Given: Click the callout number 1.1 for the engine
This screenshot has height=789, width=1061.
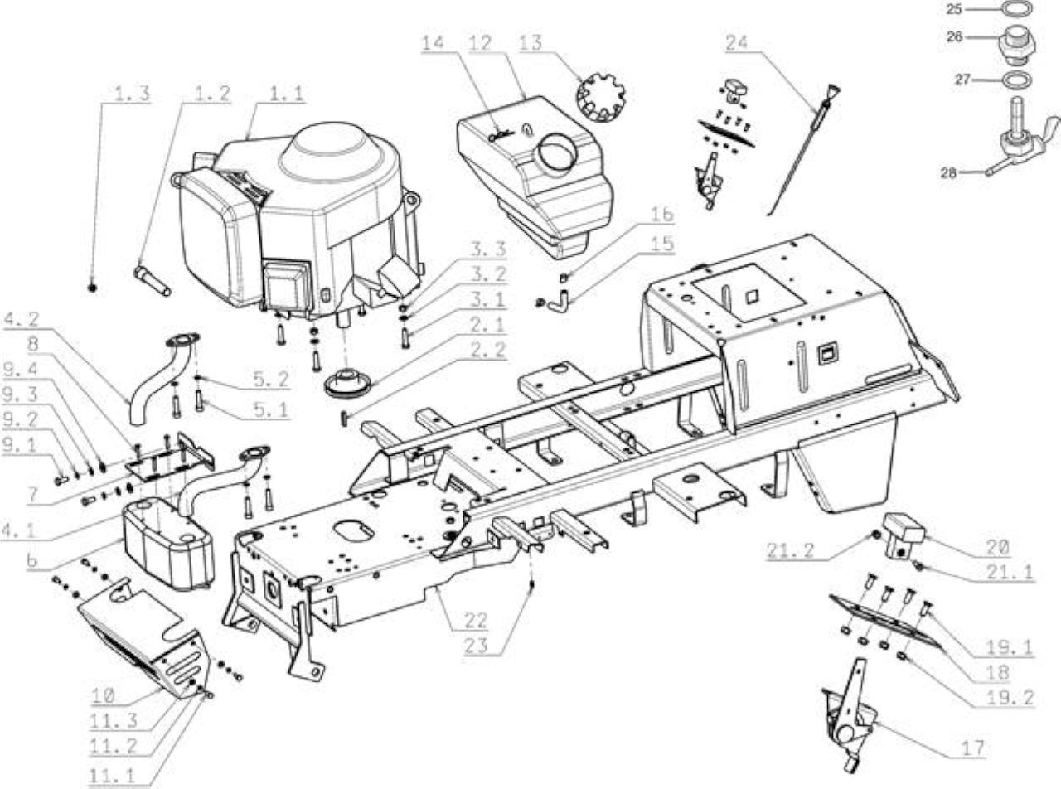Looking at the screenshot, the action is [287, 94].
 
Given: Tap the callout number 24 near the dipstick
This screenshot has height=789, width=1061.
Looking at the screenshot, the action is [737, 43].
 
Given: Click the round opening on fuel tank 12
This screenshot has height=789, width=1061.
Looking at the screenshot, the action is [559, 152].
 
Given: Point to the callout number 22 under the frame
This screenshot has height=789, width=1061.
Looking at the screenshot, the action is [476, 621].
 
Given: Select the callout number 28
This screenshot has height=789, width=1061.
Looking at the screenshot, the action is [948, 172].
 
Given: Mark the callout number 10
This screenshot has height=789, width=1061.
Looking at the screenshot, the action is [104, 695].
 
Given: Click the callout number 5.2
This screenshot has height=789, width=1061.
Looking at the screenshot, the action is [271, 380].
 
